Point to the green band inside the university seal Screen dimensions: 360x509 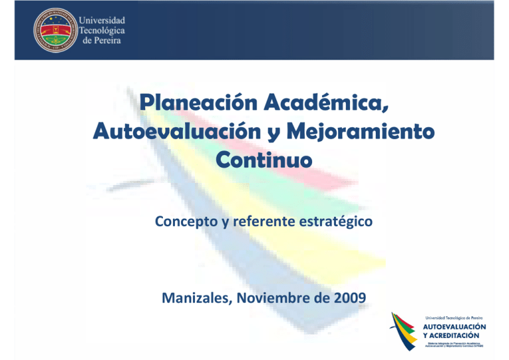[x=55, y=38]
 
